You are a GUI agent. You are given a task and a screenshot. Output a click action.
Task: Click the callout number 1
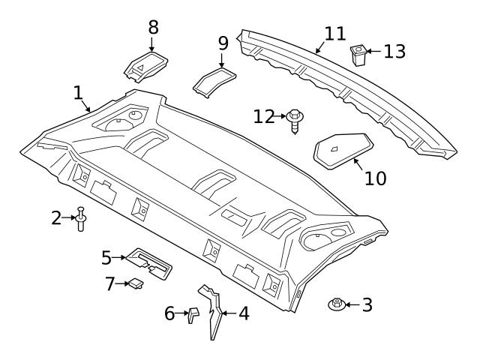[x=77, y=93]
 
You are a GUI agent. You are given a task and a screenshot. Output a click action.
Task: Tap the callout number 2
[x=56, y=217]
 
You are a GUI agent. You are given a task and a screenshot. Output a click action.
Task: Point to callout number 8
[x=153, y=28]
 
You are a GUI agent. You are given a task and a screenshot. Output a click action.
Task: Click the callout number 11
[x=335, y=34]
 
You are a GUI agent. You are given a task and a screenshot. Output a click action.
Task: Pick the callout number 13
[x=394, y=51]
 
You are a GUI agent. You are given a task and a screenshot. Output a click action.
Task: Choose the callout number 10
[x=375, y=178]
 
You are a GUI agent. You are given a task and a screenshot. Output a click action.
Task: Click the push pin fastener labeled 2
[x=81, y=218]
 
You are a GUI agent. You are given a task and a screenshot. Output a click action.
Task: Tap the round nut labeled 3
[x=337, y=304]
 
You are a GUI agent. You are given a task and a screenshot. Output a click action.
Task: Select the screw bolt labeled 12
[x=294, y=119]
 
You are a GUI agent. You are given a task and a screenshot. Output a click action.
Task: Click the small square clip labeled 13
[x=358, y=54]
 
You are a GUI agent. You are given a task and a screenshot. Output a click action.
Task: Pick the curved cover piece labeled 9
[x=214, y=80]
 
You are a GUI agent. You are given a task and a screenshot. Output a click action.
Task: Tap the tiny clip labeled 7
[x=136, y=283]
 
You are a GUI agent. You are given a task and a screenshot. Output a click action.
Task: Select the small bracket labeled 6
[x=192, y=313]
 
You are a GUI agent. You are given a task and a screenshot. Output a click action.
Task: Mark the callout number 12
[x=264, y=116]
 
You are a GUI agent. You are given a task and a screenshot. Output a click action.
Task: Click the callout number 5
[x=106, y=257]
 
